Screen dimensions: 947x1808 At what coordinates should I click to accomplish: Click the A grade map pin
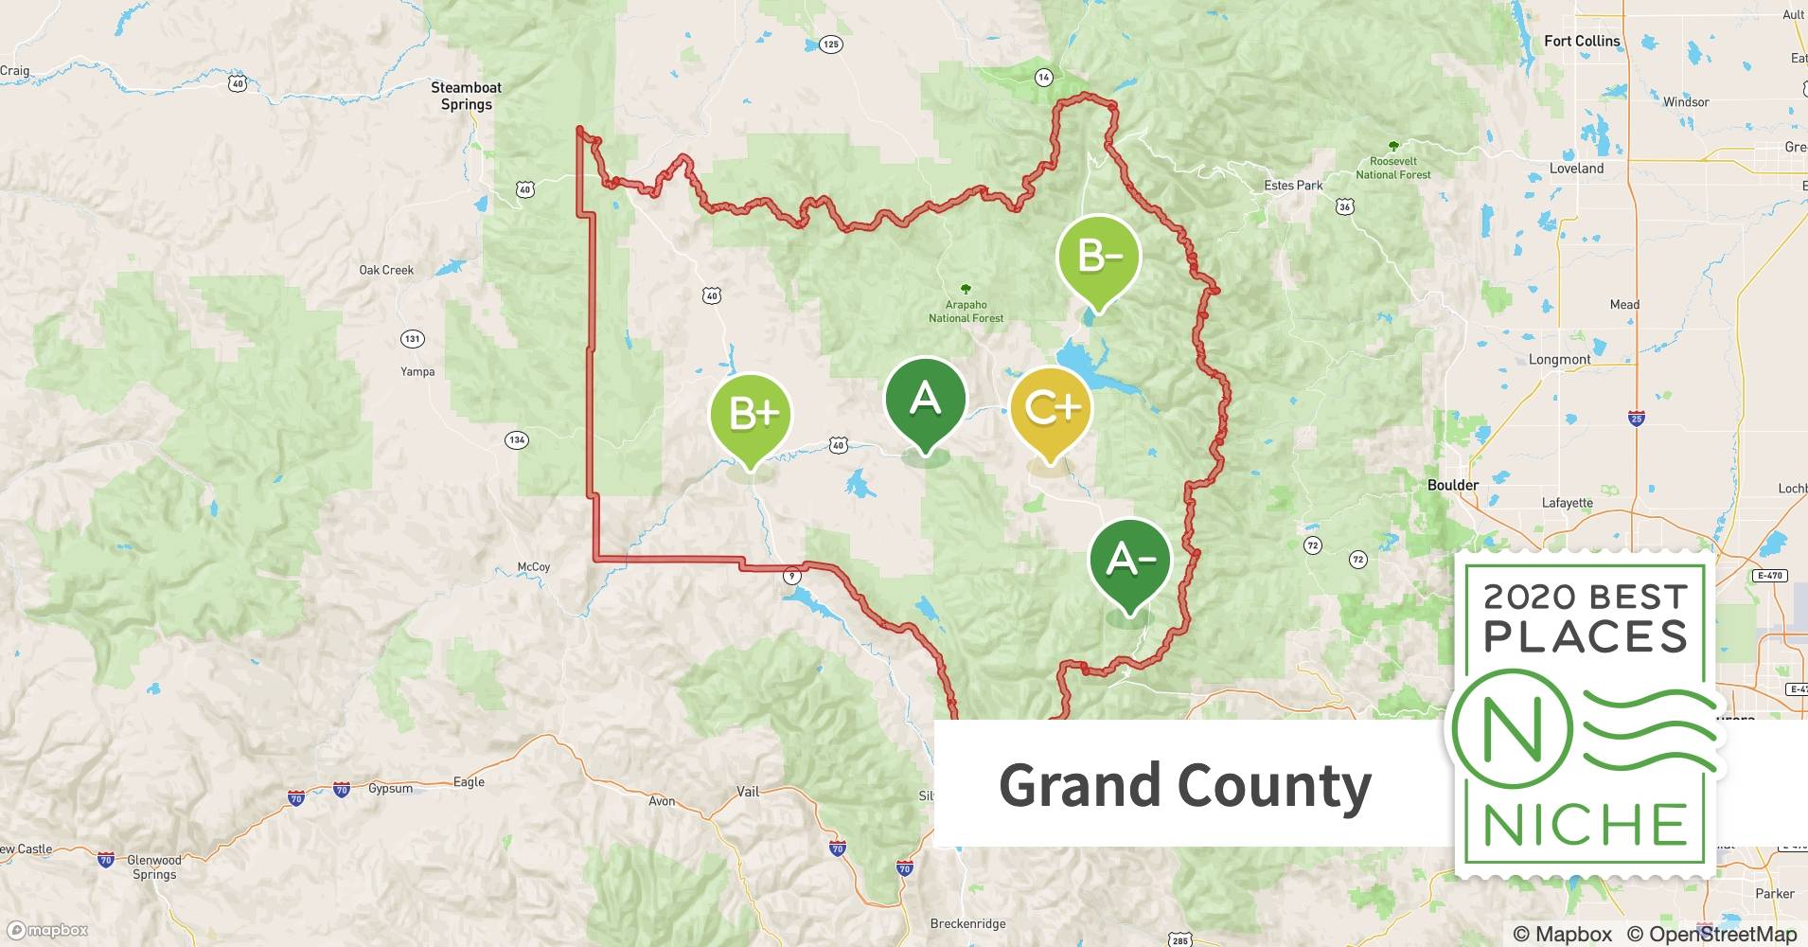click(x=925, y=402)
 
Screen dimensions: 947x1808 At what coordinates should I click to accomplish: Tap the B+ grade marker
click(x=751, y=417)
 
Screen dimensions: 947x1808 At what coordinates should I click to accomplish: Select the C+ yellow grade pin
click(x=1051, y=410)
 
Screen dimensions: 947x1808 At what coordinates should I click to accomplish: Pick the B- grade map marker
click(x=1098, y=259)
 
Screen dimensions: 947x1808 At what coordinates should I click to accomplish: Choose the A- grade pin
click(x=1130, y=562)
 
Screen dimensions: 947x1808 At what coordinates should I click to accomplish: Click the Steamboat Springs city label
click(x=467, y=96)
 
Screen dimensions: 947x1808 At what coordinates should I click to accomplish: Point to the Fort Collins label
click(x=1582, y=41)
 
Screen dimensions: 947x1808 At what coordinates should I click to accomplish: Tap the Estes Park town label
click(x=1293, y=186)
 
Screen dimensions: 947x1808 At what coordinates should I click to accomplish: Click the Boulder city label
click(x=1452, y=485)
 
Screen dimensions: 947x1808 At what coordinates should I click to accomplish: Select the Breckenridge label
click(x=967, y=923)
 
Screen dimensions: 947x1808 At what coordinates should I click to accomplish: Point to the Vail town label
click(x=748, y=792)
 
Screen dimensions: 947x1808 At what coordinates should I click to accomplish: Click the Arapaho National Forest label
click(x=966, y=311)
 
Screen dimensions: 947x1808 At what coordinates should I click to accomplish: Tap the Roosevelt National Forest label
click(x=1392, y=168)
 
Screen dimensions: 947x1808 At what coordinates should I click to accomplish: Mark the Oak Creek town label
click(x=386, y=270)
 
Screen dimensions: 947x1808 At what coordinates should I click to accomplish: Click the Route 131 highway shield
click(x=412, y=338)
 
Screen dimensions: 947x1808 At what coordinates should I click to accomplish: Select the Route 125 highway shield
click(x=830, y=45)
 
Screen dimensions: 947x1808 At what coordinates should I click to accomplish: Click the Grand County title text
click(x=1184, y=785)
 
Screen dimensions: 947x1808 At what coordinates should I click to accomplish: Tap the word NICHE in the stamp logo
click(x=1585, y=825)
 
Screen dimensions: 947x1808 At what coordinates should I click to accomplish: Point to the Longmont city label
click(x=1559, y=360)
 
